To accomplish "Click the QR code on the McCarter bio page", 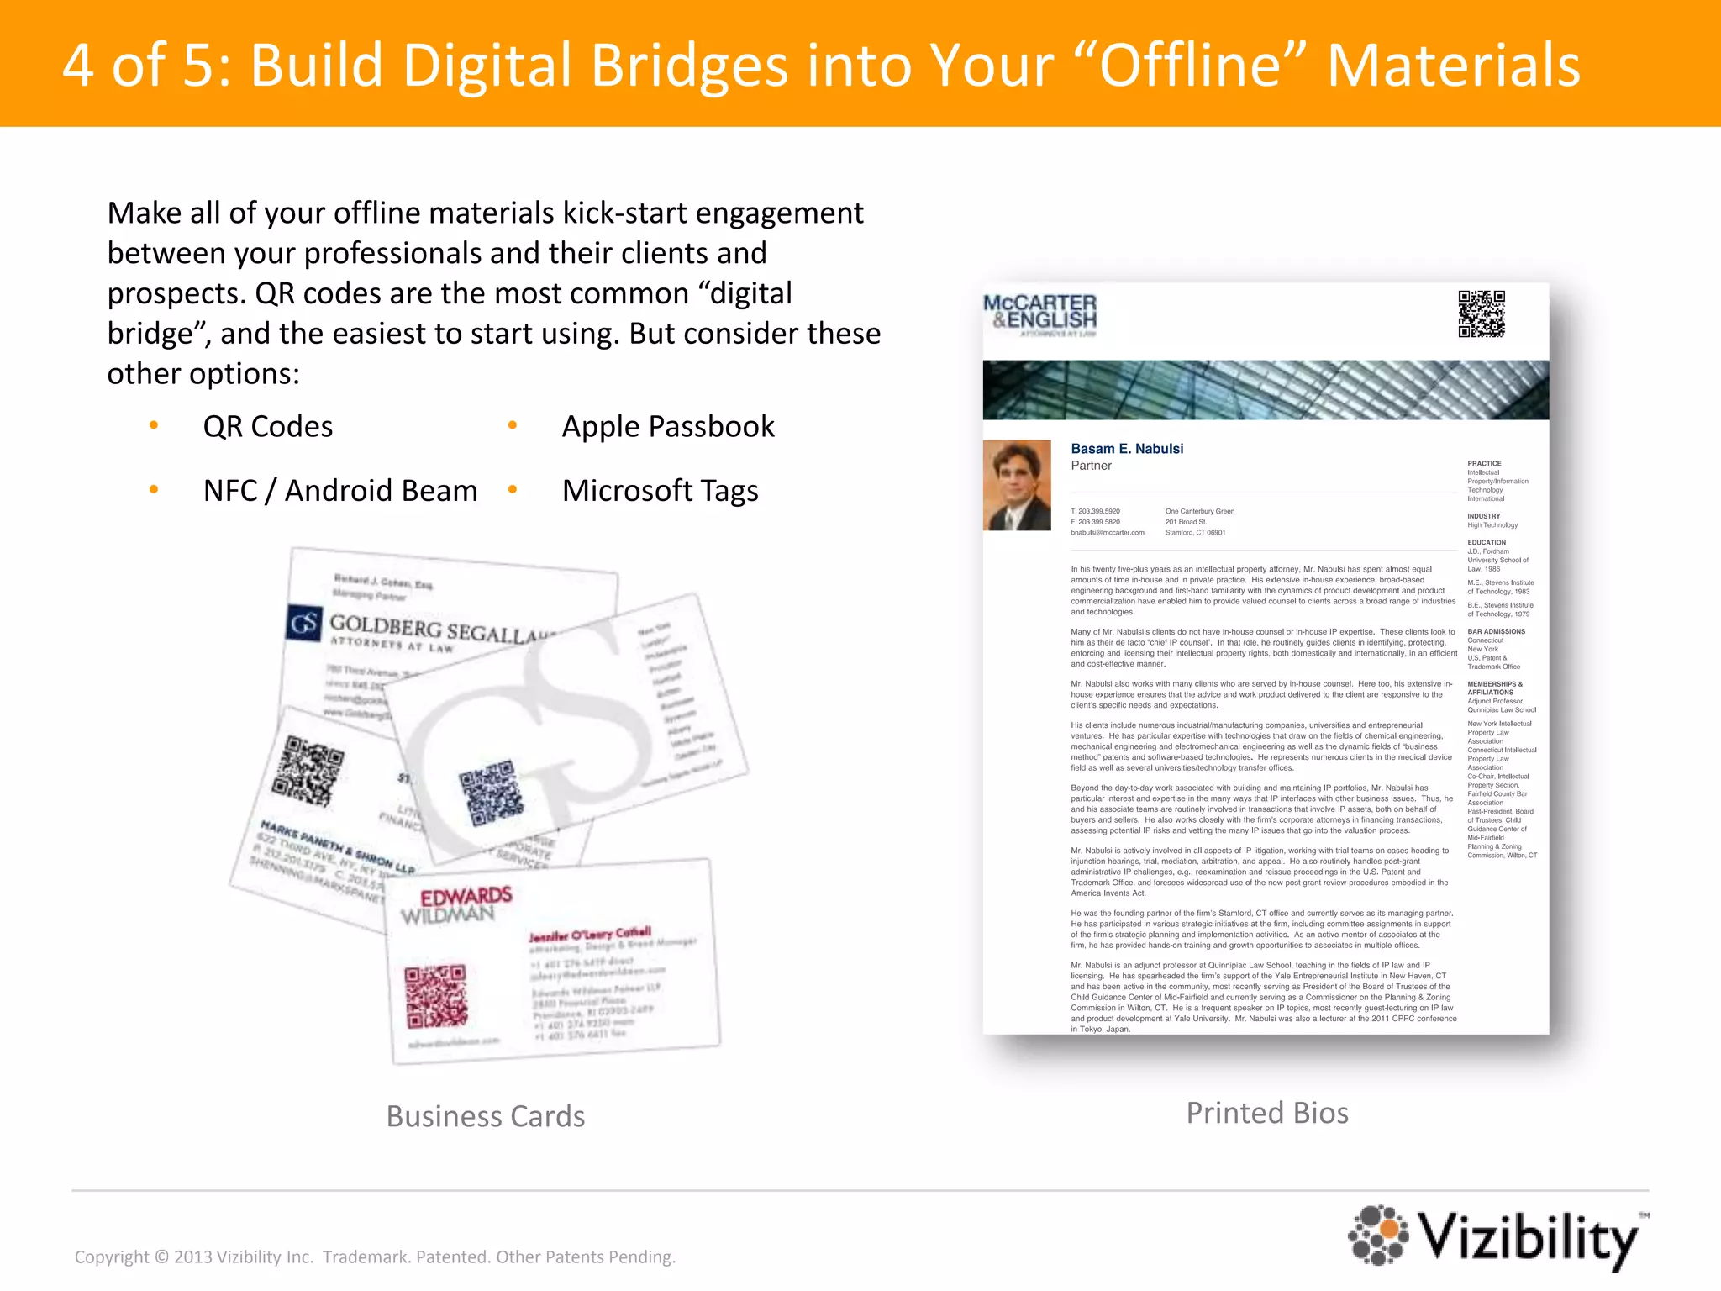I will [1481, 314].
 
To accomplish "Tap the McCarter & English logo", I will [1040, 314].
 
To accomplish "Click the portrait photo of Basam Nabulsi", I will [1017, 485].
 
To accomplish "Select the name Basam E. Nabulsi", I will [1127, 449].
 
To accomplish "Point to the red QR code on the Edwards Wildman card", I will [435, 997].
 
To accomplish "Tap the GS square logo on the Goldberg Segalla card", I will [304, 624].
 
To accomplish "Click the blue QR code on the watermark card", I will [491, 792].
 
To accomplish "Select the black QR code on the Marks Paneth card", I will [308, 770].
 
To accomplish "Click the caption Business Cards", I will [486, 1116].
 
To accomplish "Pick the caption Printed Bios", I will [1267, 1113].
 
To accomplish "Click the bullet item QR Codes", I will [268, 427].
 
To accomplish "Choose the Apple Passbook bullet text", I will [668, 427].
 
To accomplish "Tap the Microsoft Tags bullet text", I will [660, 491].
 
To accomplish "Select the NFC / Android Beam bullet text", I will [340, 491].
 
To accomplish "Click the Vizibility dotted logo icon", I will [1379, 1235].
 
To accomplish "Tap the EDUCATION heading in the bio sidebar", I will [1487, 543].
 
